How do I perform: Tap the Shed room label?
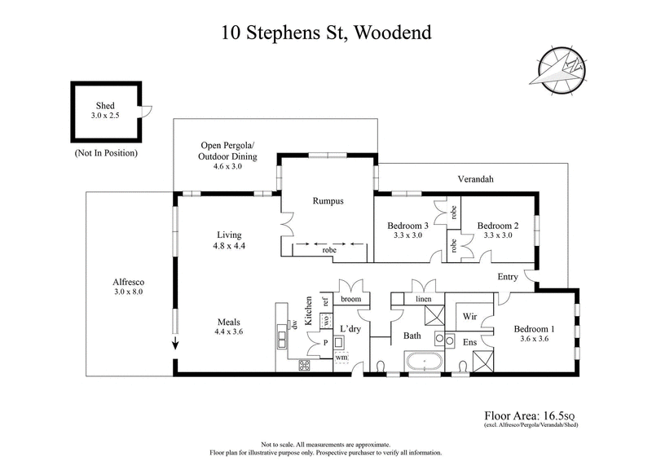click(x=104, y=105)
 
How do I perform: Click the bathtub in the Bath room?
click(x=425, y=361)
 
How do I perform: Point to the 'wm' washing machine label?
click(x=341, y=356)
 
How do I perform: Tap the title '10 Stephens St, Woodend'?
click(x=326, y=33)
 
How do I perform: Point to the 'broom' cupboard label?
click(x=350, y=299)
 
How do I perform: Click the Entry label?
click(x=507, y=277)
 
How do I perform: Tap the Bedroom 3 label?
click(x=407, y=226)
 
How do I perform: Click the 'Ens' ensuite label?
click(x=469, y=343)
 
